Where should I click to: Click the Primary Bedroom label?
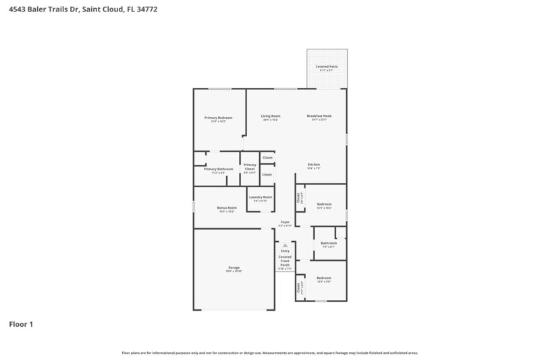[x=218, y=118]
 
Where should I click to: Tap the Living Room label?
[x=271, y=116]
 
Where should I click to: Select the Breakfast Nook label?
[x=319, y=116]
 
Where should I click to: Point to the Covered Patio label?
[x=328, y=67]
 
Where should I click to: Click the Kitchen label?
[x=314, y=165]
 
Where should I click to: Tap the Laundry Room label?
[x=261, y=197]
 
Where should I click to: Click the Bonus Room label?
[x=226, y=207]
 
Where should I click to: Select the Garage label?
[x=234, y=267]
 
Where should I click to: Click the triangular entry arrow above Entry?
[x=285, y=245]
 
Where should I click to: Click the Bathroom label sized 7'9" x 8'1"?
[x=329, y=242]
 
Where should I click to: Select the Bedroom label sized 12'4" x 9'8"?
[x=324, y=278]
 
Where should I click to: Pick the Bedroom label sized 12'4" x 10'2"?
[x=324, y=204]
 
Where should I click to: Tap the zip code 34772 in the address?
[x=147, y=9]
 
